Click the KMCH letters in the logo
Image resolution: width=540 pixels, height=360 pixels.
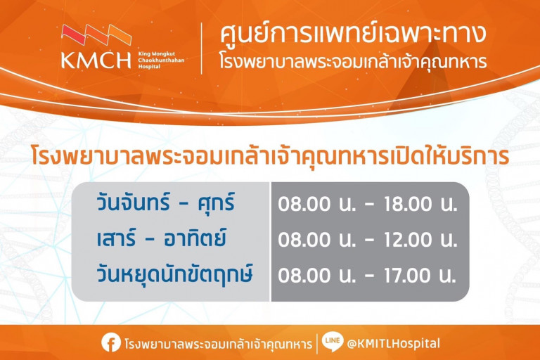tap(96, 59)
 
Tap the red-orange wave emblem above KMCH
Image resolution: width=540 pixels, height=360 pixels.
tap(96, 34)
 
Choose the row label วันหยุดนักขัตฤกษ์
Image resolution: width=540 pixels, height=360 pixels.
tap(175, 274)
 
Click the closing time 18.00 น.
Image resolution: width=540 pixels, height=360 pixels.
tap(420, 205)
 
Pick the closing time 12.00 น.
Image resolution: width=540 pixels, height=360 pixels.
tap(420, 240)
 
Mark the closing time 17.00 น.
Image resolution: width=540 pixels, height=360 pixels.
tap(420, 274)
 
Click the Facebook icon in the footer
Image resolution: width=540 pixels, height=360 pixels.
tap(110, 343)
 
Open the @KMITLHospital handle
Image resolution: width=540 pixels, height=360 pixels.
tap(394, 343)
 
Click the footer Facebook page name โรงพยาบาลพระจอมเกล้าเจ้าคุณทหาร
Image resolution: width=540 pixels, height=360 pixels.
tap(217, 344)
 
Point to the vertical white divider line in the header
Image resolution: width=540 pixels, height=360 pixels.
tap(202, 48)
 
